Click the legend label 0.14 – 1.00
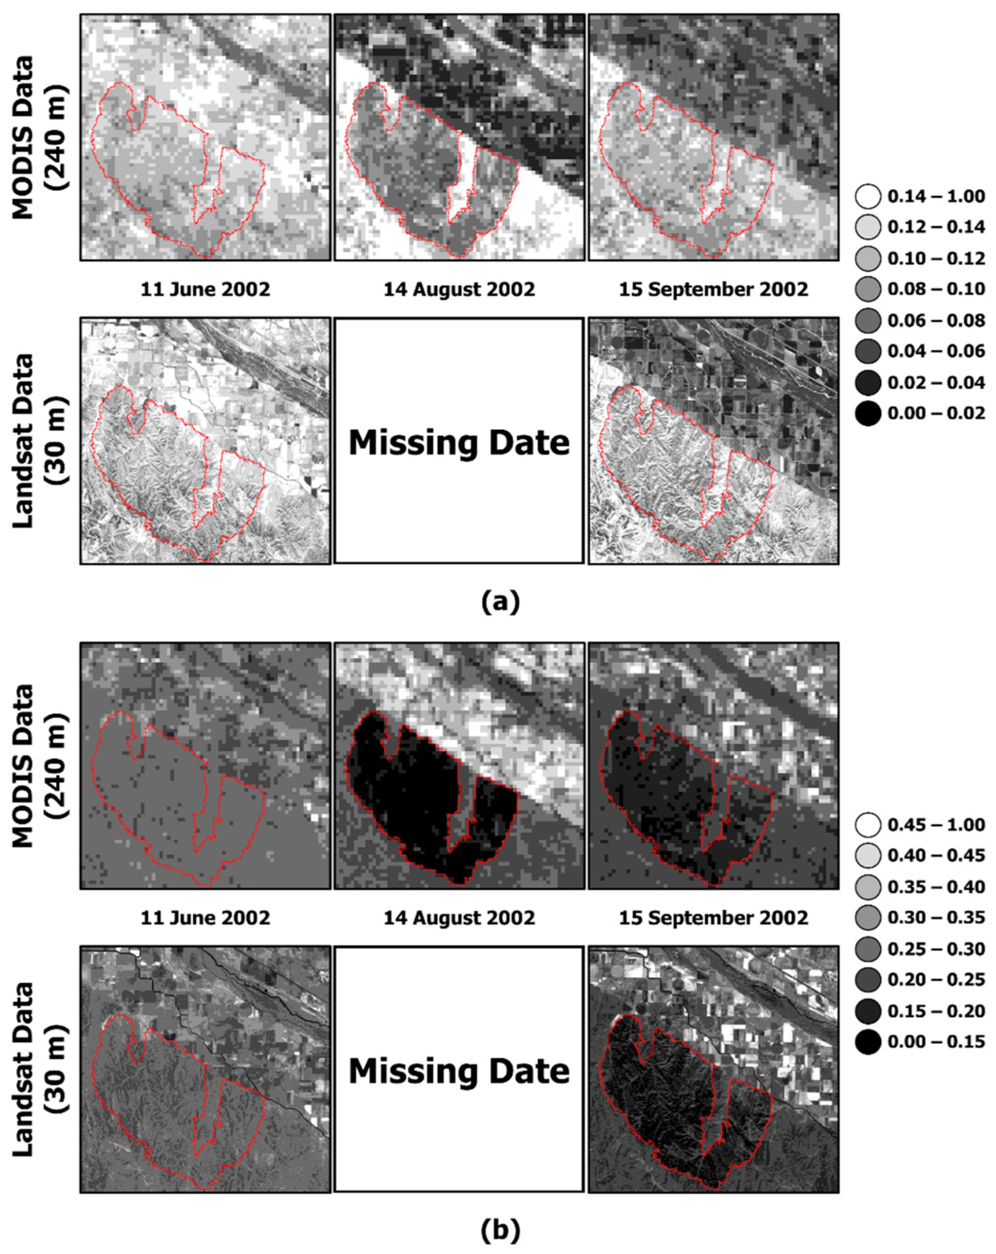[936, 196]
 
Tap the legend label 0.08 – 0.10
[936, 289]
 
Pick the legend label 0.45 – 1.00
[936, 825]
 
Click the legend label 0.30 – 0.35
[936, 918]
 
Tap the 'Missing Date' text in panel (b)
[459, 1070]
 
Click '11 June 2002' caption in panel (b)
[205, 918]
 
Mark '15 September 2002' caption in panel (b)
[713, 918]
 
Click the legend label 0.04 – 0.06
[936, 351]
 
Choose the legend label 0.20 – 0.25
[936, 980]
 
